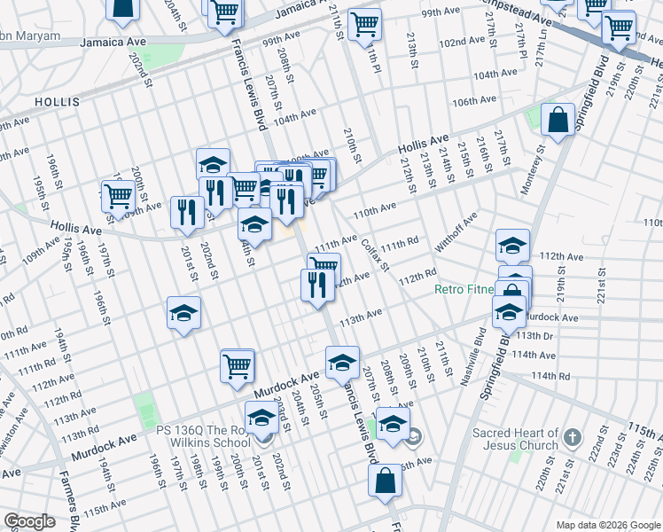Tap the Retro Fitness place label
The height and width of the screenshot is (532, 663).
pyautogui.click(x=464, y=290)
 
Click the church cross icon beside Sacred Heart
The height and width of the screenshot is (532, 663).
pyautogui.click(x=573, y=437)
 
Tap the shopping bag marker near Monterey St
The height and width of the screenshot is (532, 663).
pyautogui.click(x=558, y=121)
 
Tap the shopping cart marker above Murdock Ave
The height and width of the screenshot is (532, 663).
pyautogui.click(x=237, y=365)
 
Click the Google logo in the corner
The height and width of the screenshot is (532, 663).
pyautogui.click(x=29, y=521)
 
